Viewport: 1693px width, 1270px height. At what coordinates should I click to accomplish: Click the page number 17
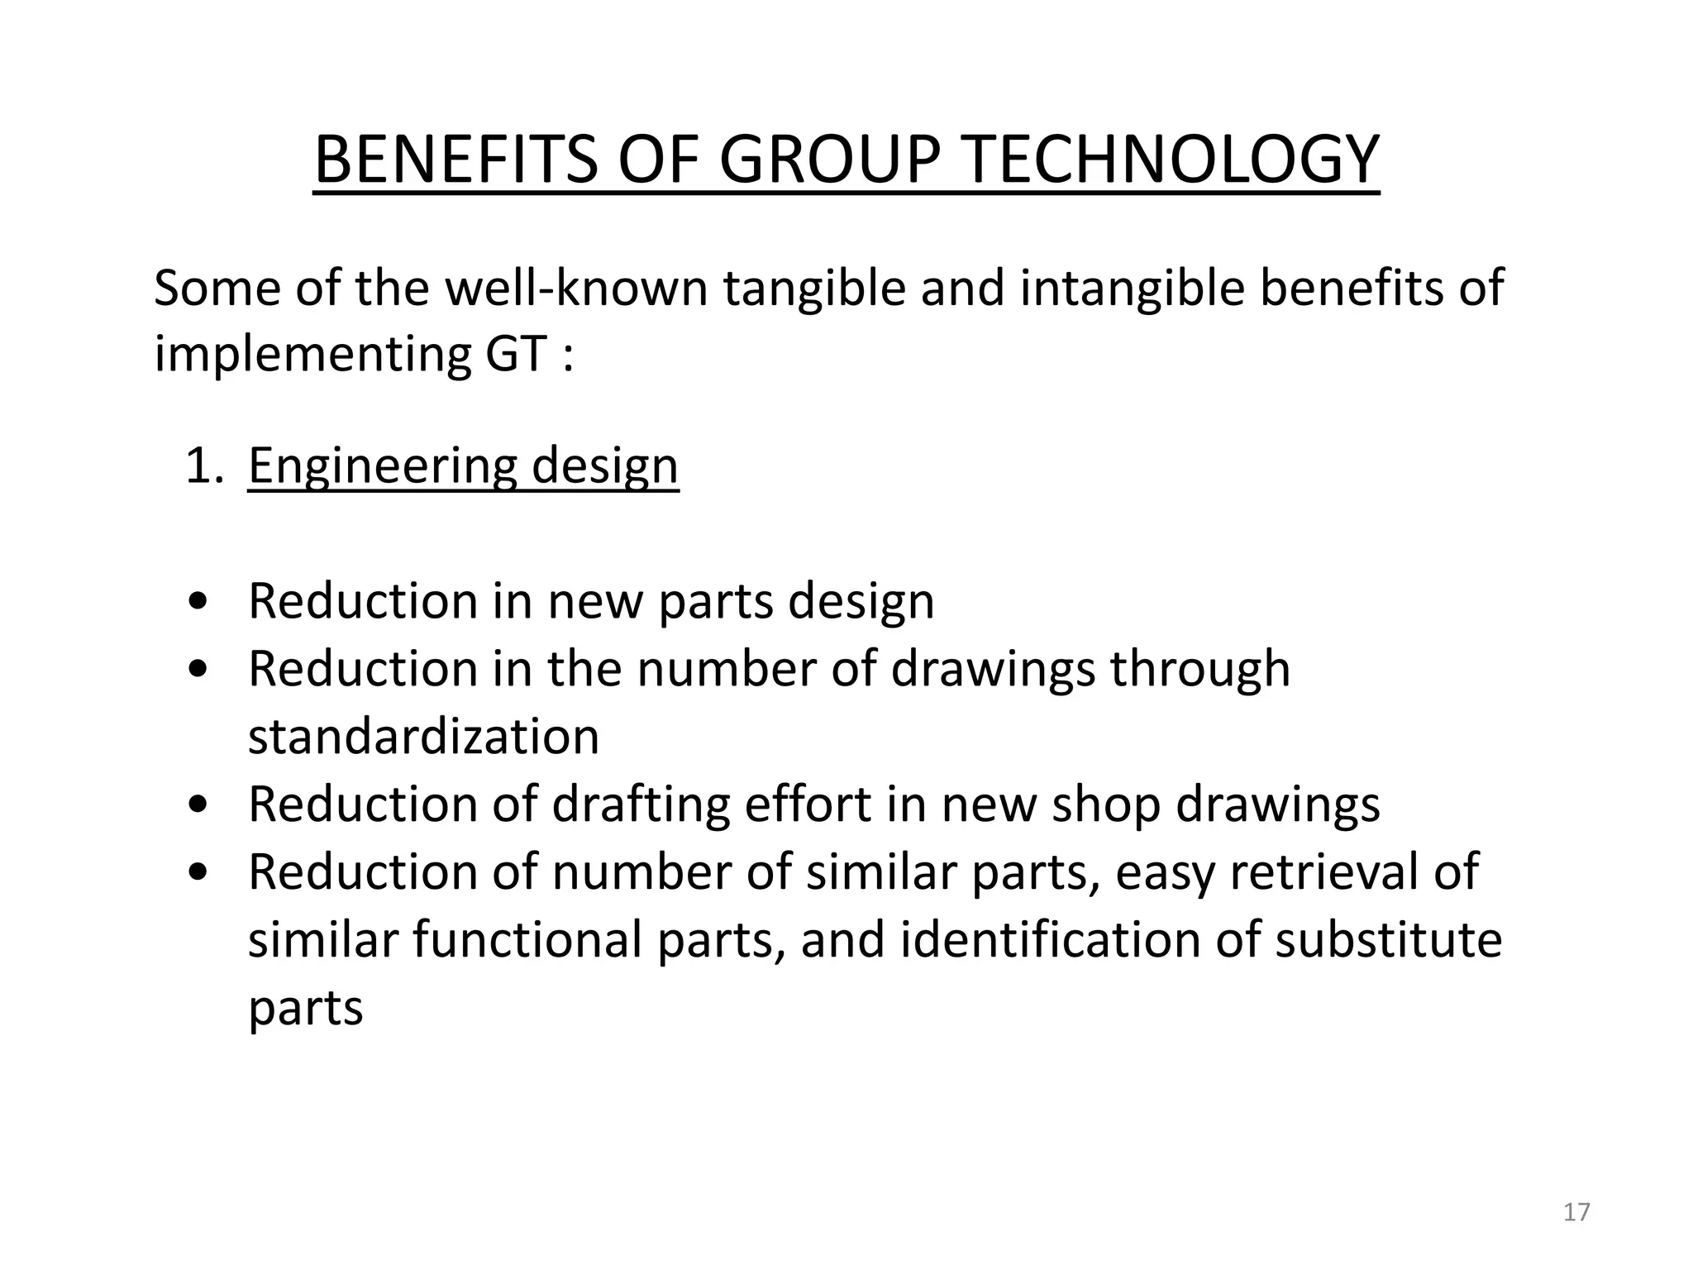[1576, 1212]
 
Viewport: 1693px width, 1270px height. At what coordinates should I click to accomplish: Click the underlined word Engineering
[383, 466]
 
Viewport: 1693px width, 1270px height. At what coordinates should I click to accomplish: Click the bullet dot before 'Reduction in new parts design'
[198, 603]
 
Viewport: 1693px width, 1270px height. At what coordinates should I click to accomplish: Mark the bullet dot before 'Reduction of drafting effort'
[198, 805]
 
